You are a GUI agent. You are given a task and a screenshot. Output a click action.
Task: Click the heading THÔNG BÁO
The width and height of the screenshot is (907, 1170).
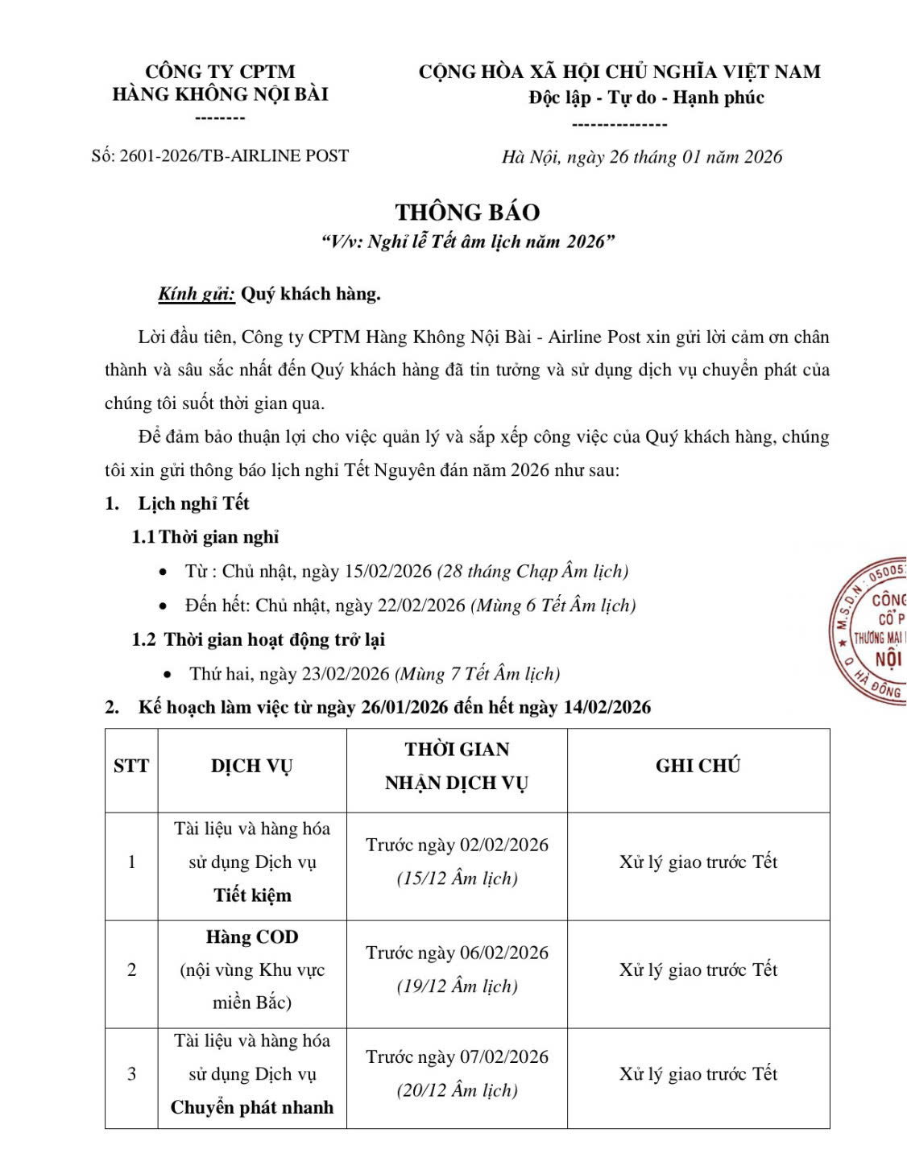(467, 212)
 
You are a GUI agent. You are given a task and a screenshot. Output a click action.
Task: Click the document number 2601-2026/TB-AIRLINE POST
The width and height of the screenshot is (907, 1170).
(234, 155)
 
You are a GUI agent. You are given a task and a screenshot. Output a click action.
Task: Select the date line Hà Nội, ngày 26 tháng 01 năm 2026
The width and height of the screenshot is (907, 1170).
(641, 157)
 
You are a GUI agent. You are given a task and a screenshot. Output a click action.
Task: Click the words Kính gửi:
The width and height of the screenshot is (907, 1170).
(197, 294)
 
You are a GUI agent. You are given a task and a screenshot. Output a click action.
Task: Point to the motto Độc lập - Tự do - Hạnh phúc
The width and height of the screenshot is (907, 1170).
(646, 97)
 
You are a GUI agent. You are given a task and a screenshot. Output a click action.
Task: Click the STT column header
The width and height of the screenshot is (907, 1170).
(131, 766)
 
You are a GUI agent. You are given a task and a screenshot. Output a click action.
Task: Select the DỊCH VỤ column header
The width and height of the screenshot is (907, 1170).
(251, 766)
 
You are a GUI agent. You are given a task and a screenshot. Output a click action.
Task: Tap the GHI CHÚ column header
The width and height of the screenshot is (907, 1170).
(698, 766)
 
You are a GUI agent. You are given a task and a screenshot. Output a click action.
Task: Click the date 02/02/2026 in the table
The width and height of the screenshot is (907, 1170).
(503, 845)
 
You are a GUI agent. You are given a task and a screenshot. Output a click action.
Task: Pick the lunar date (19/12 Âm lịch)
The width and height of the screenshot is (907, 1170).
(457, 986)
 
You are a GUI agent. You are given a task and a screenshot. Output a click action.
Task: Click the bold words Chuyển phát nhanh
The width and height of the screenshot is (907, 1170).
(251, 1107)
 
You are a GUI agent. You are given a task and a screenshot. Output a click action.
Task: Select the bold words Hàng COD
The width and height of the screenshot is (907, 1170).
(251, 936)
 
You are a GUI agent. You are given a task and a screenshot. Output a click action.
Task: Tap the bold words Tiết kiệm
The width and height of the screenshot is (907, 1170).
(252, 895)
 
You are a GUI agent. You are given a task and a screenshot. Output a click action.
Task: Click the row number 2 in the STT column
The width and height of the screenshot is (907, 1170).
(131, 969)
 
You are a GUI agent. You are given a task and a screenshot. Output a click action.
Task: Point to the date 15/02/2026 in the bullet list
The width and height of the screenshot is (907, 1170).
(388, 571)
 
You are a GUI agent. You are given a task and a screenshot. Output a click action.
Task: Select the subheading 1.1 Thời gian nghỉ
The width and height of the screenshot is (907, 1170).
(205, 537)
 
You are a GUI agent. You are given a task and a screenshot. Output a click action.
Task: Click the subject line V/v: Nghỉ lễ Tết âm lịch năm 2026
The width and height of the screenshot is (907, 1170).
(467, 242)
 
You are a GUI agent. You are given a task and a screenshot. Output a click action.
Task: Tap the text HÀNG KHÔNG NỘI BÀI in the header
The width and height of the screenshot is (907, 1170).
(220, 94)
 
